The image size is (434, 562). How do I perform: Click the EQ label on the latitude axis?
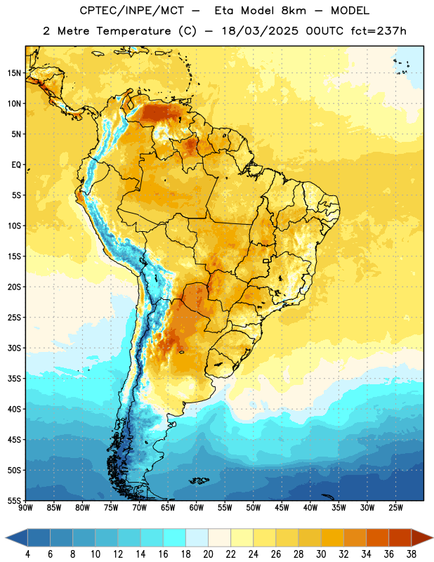16,165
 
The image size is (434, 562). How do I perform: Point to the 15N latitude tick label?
14,73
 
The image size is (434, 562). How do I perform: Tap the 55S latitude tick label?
14,500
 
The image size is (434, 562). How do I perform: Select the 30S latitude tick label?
14,348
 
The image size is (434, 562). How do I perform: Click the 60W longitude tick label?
197,507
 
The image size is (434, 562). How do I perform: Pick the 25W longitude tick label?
395,507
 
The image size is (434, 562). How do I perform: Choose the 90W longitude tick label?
26,507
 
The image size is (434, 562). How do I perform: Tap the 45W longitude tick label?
282,507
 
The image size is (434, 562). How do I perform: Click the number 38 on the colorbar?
411,554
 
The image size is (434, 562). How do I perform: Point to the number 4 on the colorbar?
27,554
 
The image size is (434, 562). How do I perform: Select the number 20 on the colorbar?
208,554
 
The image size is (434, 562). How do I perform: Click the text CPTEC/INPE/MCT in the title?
132,11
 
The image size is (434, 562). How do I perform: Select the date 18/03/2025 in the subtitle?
260,31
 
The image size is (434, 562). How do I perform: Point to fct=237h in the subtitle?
379,31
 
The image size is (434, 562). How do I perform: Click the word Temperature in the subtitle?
133,31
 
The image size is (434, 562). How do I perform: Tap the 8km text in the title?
294,11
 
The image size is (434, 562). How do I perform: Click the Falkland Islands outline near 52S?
199,481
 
